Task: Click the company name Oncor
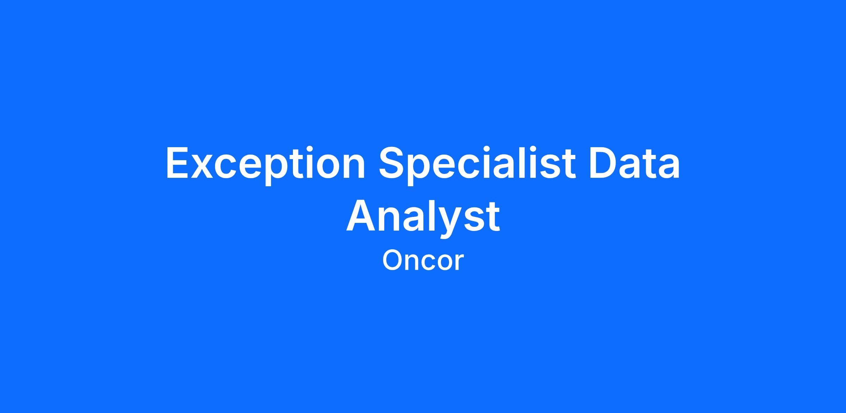[x=423, y=261]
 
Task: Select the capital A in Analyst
[x=361, y=215]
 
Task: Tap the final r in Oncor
[x=460, y=263]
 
